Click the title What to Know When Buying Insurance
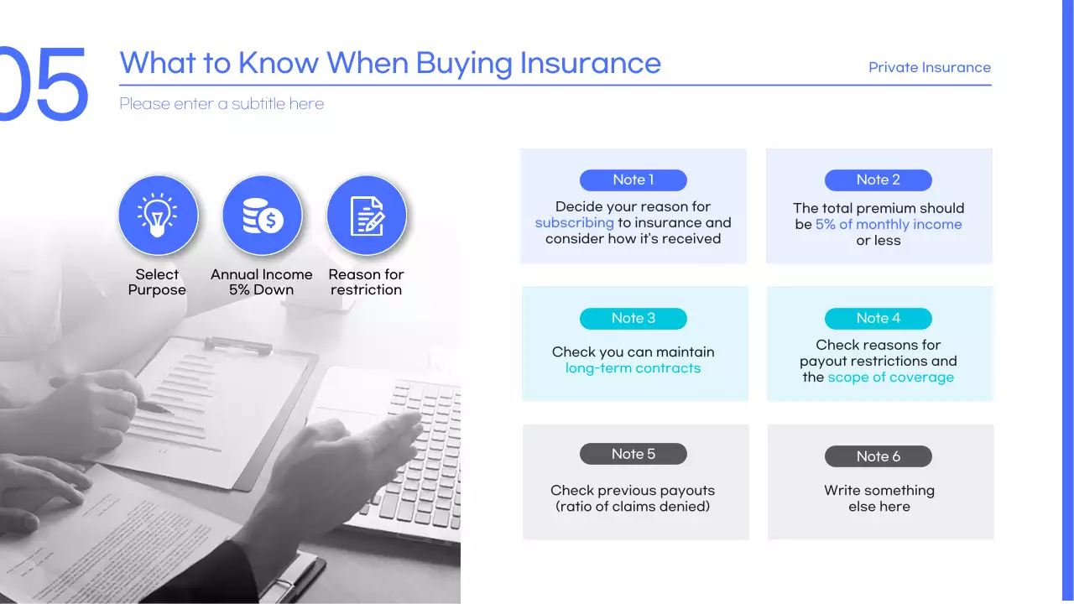390,63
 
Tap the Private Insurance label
929,67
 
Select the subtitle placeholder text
222,104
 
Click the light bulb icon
158,215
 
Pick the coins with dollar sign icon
262,215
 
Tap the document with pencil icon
367,215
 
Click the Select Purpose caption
157,282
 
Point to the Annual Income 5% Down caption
262,282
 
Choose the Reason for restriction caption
367,282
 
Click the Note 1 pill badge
633,180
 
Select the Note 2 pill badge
878,180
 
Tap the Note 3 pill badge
633,318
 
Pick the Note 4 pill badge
878,318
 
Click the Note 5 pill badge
633,454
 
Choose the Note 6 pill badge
878,456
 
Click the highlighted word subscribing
575,222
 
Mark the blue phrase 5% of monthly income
889,224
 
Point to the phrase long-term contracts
633,367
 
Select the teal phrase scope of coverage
890,377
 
